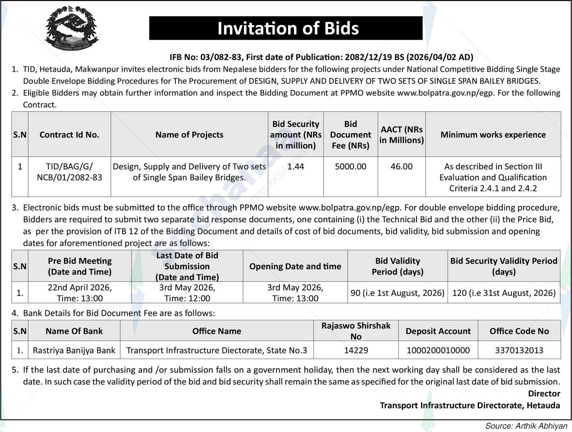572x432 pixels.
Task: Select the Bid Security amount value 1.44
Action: click(x=295, y=167)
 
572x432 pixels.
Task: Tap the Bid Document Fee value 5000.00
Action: click(x=351, y=167)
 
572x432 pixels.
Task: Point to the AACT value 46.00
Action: click(x=402, y=167)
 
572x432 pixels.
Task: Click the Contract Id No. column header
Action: click(x=69, y=135)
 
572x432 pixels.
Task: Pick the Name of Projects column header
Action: click(x=189, y=135)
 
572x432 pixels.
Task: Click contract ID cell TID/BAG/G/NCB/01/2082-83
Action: click(x=69, y=172)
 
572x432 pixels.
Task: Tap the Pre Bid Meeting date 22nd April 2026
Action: click(x=80, y=287)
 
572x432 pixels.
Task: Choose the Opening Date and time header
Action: click(x=295, y=266)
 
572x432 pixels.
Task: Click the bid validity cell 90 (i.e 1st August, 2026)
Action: click(x=397, y=293)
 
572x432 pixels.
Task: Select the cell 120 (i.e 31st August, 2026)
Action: click(x=504, y=293)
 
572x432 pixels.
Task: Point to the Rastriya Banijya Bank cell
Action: click(x=74, y=350)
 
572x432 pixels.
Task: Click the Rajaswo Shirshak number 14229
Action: click(x=356, y=350)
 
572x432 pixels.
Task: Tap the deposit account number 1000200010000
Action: click(x=438, y=350)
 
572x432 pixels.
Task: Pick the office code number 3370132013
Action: click(x=519, y=350)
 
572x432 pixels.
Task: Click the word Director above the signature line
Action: click(x=544, y=394)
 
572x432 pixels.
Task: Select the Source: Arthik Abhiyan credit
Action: click(x=526, y=426)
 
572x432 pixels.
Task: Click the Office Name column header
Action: click(x=216, y=331)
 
